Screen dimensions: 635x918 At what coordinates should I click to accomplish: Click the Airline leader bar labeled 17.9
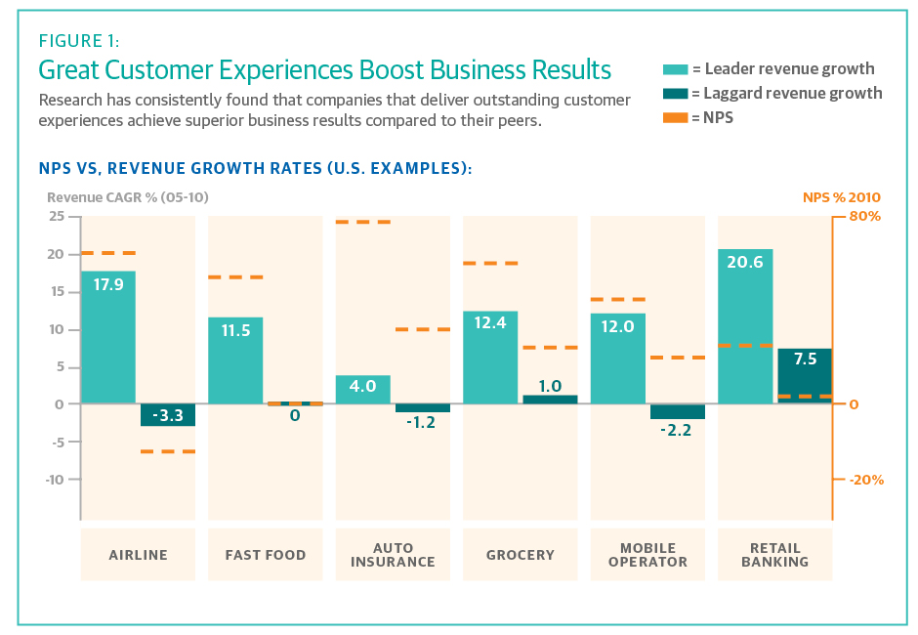(x=107, y=337)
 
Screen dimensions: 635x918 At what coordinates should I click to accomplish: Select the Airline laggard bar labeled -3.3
(x=168, y=414)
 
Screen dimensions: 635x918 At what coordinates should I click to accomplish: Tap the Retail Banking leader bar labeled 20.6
(x=744, y=326)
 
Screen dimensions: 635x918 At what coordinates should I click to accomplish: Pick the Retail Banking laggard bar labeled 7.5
(x=805, y=375)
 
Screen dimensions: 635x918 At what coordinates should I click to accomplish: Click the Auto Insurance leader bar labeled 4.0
(x=362, y=389)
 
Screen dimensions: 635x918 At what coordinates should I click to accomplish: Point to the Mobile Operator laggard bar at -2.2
(x=677, y=411)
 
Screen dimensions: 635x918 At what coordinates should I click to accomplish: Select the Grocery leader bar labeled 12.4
(x=490, y=358)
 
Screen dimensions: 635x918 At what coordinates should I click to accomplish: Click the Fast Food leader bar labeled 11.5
(x=235, y=360)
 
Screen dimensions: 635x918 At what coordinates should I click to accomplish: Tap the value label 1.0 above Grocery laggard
(x=550, y=385)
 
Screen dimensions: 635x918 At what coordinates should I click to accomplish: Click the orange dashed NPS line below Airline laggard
(x=168, y=451)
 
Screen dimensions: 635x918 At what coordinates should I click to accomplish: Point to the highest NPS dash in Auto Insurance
(x=362, y=223)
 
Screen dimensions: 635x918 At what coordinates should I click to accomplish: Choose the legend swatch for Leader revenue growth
(x=675, y=69)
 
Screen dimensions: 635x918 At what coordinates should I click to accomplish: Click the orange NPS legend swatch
(x=675, y=117)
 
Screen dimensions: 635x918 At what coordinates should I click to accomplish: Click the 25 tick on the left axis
(x=57, y=216)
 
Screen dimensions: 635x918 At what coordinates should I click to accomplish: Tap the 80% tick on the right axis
(x=864, y=216)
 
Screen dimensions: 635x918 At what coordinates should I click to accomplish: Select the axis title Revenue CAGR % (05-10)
(x=127, y=197)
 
